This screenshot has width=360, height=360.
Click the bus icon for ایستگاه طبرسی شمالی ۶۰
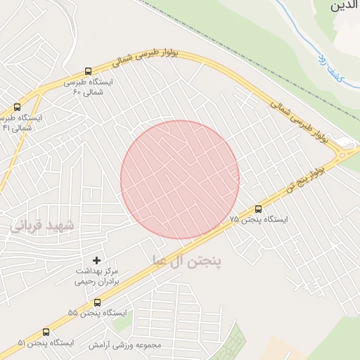pos(88,71)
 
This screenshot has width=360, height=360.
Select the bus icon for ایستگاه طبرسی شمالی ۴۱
pos(17,108)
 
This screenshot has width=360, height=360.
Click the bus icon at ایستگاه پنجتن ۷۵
pos(258,209)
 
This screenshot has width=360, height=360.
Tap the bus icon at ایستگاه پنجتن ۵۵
pos(97,302)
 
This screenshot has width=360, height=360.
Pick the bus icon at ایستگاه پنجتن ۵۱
pos(46,332)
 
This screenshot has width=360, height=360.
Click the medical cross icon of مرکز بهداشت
pos(97,261)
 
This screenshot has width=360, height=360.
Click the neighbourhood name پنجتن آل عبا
pos(187,261)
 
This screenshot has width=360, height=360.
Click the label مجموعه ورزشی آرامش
pos(124,345)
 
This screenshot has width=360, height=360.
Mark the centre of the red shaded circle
pos(180,179)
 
